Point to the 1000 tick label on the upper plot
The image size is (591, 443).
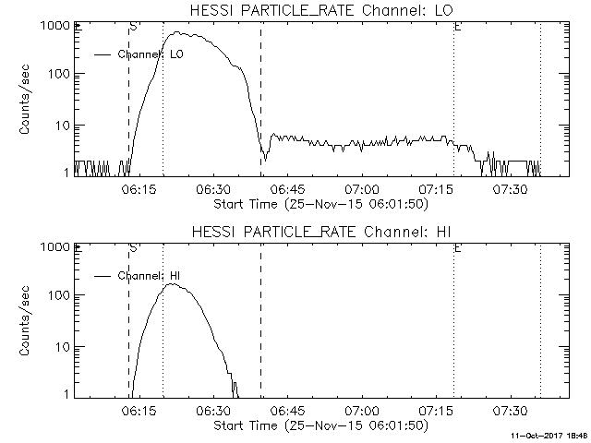50,26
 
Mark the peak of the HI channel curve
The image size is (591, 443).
174,283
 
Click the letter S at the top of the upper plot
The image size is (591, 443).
133,27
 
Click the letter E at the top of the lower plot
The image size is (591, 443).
458,247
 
